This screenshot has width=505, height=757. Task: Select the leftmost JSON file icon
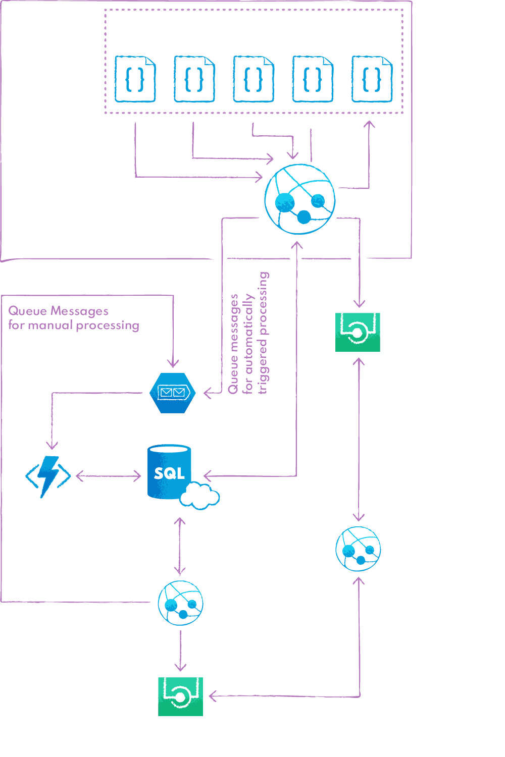tap(135, 79)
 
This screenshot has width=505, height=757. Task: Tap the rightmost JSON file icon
tap(372, 79)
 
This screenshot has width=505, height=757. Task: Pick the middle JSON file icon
tap(254, 79)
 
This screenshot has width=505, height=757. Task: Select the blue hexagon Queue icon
tap(172, 393)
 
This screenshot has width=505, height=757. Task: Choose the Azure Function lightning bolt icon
tap(48, 476)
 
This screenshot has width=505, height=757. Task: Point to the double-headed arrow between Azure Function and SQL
tap(108, 475)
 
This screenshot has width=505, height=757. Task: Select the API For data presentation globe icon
tap(180, 603)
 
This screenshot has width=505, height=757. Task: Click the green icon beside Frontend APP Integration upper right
tap(358, 332)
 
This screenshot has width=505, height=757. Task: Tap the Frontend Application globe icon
tap(358, 549)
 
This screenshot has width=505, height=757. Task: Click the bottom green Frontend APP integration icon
tap(180, 696)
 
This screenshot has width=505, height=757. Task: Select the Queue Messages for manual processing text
tap(73, 318)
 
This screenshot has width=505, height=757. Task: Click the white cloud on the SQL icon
tap(200, 496)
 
